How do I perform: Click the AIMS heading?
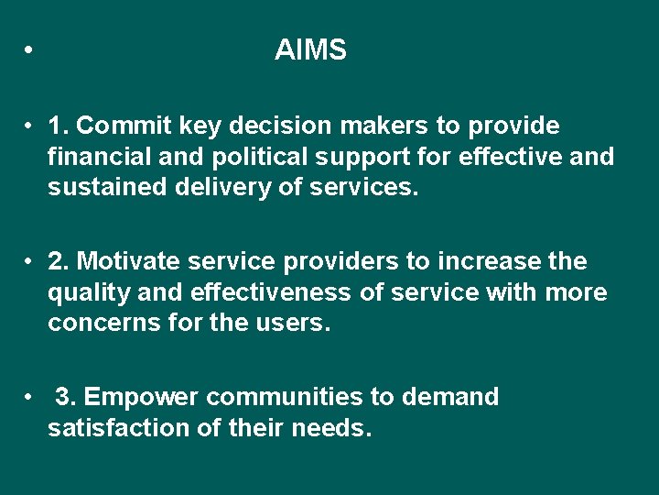point(310,50)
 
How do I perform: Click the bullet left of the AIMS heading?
point(30,51)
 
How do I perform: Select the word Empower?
point(142,398)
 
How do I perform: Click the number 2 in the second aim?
point(57,262)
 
